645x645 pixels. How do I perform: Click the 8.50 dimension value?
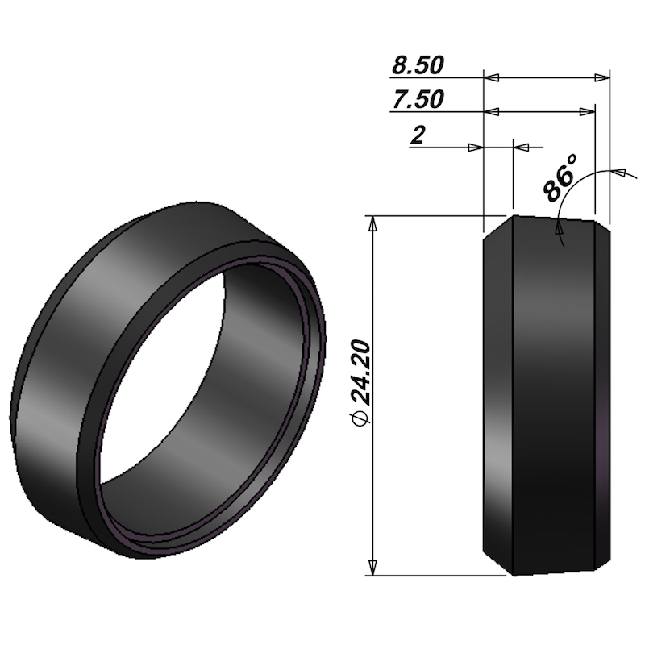coord(418,65)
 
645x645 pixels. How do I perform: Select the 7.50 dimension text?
coord(418,99)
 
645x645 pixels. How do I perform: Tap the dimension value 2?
coord(418,135)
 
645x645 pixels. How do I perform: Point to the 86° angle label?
coord(560,178)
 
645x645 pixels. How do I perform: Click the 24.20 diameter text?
coord(362,372)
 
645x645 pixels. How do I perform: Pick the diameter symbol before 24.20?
coord(360,418)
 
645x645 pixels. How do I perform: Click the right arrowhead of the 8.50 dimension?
coord(602,77)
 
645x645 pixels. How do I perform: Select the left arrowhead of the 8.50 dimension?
coord(491,77)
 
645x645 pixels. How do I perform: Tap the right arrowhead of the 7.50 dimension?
coord(588,111)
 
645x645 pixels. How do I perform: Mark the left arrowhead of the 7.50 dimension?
coord(491,111)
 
